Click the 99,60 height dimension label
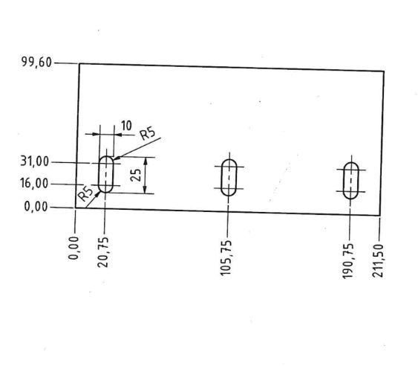pyautogui.click(x=36, y=62)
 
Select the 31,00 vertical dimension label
pyautogui.click(x=35, y=161)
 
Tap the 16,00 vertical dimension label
pyautogui.click(x=34, y=183)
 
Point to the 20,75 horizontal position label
pyautogui.click(x=103, y=252)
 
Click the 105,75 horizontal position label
pyautogui.click(x=226, y=258)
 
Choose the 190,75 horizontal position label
pyautogui.click(x=348, y=261)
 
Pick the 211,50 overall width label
pyautogui.click(x=378, y=261)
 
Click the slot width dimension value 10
pyautogui.click(x=126, y=126)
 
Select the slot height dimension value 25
pyautogui.click(x=137, y=175)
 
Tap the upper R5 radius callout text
pyautogui.click(x=148, y=134)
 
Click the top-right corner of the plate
pyautogui.click(x=384, y=71)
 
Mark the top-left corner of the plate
pyautogui.click(x=79, y=63)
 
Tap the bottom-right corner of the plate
pyautogui.click(x=380, y=215)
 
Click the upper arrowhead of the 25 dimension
pyautogui.click(x=146, y=161)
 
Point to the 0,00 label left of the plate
pyautogui.click(x=36, y=207)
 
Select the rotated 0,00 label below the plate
pyautogui.click(x=74, y=248)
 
